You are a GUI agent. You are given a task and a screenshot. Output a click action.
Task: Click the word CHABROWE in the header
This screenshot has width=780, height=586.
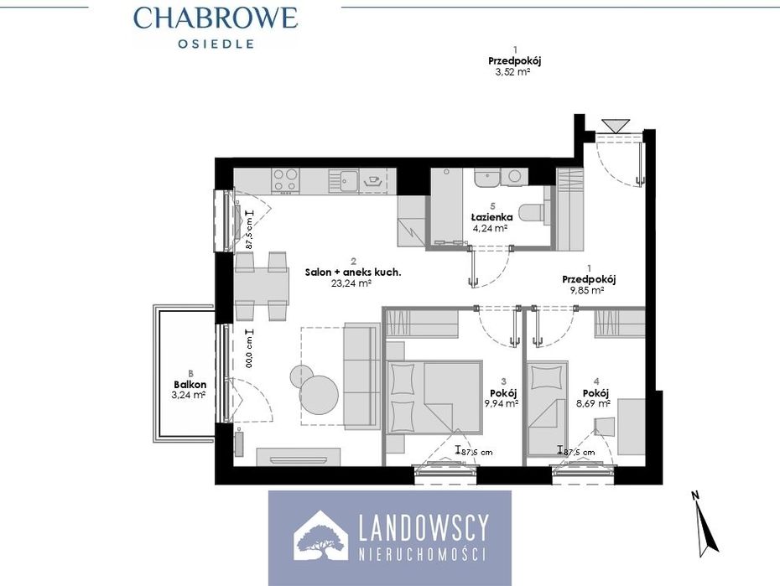pos(216,18)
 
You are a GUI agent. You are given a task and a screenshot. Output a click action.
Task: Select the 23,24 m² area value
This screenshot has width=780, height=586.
pos(351,283)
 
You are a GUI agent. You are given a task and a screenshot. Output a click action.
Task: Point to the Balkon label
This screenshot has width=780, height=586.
pos(190,385)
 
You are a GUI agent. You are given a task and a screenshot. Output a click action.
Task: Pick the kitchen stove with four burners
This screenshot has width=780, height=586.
pos(285,180)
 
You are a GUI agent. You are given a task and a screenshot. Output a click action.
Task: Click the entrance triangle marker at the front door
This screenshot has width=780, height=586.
pos(616,126)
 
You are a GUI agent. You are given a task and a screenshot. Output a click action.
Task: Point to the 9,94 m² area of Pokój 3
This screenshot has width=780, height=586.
pos(502,403)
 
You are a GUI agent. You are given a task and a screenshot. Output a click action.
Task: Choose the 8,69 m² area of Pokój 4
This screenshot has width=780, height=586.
pos(593,404)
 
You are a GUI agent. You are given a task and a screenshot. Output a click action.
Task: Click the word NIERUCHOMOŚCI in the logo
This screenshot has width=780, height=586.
pos(423,554)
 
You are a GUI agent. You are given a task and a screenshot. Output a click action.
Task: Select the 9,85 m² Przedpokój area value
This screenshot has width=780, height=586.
pos(586,290)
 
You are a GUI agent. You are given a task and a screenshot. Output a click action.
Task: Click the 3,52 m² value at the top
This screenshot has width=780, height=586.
pos(512,72)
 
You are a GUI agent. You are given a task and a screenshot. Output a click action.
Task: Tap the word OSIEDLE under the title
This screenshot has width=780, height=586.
pos(216,44)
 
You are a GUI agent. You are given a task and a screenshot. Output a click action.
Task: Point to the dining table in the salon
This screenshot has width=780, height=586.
pos(261,286)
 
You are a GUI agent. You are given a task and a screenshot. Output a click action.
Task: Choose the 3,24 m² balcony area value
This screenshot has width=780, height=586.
pos(189,396)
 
